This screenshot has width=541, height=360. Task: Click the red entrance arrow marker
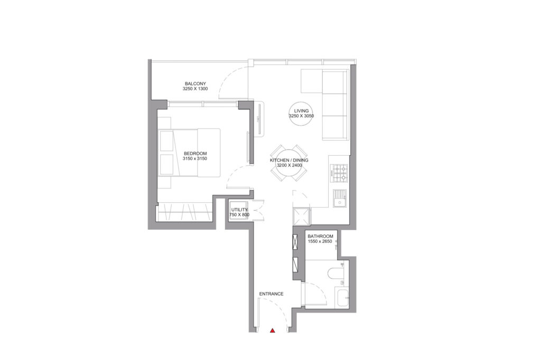(272, 331)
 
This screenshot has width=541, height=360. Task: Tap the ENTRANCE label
(271, 294)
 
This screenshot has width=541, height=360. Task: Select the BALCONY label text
(195, 83)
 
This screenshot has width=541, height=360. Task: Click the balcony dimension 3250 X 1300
(195, 89)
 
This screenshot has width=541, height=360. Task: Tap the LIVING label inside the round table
(301, 111)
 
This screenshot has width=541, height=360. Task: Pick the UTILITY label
(239, 210)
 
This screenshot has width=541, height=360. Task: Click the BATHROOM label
(320, 236)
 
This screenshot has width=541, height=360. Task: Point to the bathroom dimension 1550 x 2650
(320, 241)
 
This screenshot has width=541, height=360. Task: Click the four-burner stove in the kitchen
(339, 173)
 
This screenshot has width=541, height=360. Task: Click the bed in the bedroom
(190, 153)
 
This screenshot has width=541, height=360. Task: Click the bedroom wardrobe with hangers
(184, 213)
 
